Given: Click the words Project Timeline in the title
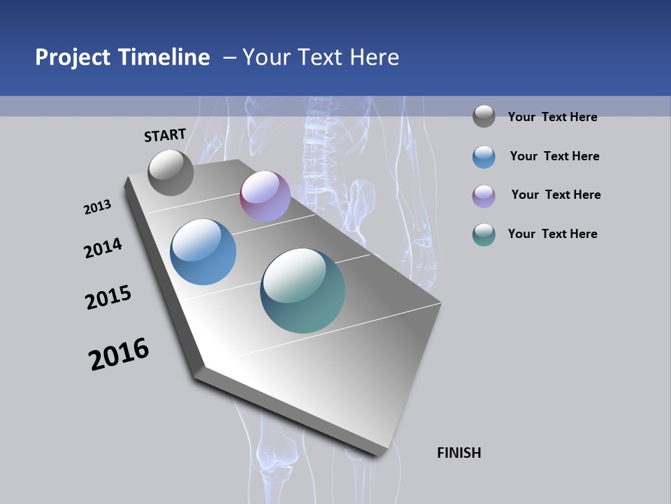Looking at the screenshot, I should click(x=122, y=57).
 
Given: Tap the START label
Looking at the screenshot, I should click(x=165, y=135).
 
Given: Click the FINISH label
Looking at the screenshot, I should click(x=459, y=453).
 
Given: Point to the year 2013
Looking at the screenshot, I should click(x=97, y=207).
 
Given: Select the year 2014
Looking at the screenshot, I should click(x=103, y=248).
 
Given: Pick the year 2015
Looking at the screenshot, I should click(x=108, y=297).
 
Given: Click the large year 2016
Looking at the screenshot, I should click(x=119, y=353).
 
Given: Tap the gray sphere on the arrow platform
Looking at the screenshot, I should click(x=171, y=172).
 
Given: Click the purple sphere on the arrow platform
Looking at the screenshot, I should click(x=265, y=196).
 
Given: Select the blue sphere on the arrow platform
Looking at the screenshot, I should click(x=203, y=252).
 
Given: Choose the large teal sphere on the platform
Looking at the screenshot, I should click(x=303, y=290).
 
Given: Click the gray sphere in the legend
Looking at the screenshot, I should click(x=484, y=116).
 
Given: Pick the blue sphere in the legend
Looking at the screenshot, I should click(x=484, y=157).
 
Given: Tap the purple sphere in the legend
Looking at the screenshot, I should click(x=484, y=196).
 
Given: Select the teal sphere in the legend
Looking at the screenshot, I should click(x=484, y=234).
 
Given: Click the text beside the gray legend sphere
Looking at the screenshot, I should click(x=552, y=117).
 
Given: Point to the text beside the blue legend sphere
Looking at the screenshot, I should click(x=554, y=156).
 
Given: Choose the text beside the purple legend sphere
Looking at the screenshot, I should click(x=556, y=195).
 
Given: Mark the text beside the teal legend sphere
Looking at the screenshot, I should click(x=552, y=234).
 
